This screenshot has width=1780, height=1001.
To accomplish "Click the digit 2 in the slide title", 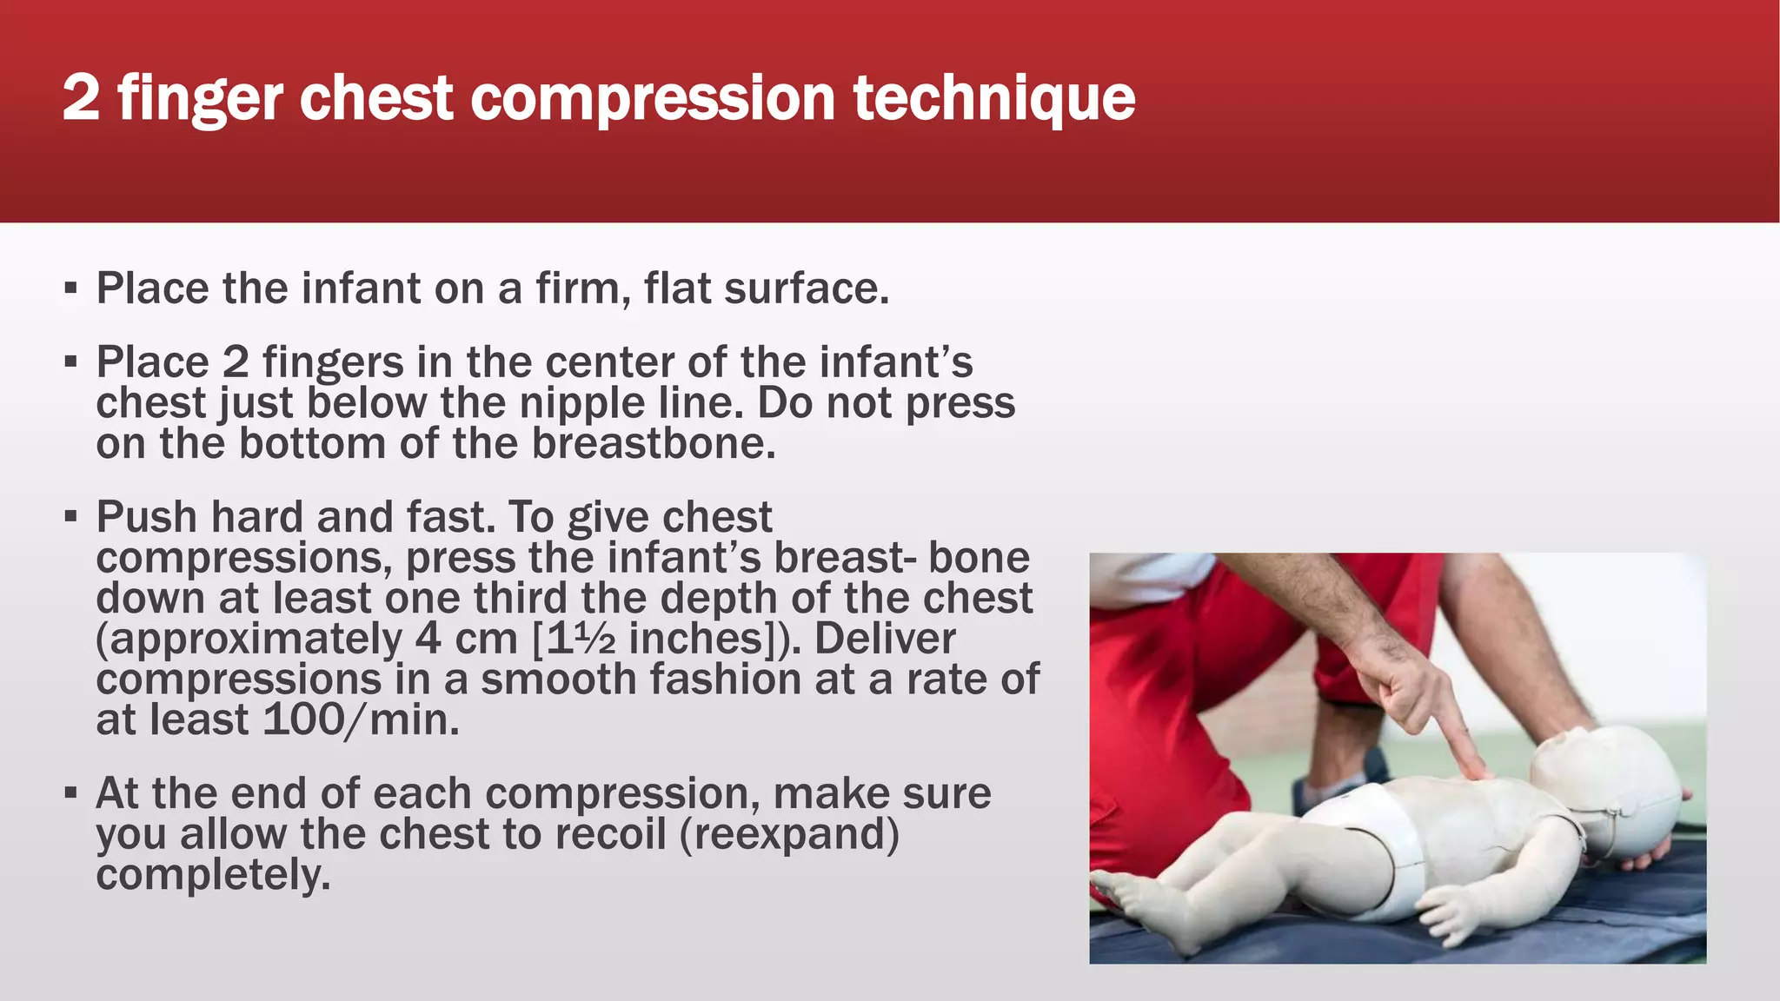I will click(x=81, y=97).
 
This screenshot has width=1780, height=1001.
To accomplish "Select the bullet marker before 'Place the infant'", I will click(x=71, y=288).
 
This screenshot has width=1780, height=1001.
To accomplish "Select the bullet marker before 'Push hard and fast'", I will click(x=71, y=517).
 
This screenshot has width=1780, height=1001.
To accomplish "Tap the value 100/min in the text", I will click(x=360, y=720).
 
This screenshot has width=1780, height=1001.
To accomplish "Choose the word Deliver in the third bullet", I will click(x=884, y=639).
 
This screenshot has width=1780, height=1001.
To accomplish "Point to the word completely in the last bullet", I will click(x=213, y=875).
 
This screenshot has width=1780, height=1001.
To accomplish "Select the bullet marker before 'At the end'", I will click(x=71, y=793).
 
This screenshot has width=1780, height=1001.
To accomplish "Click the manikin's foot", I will click(x=1130, y=895).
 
